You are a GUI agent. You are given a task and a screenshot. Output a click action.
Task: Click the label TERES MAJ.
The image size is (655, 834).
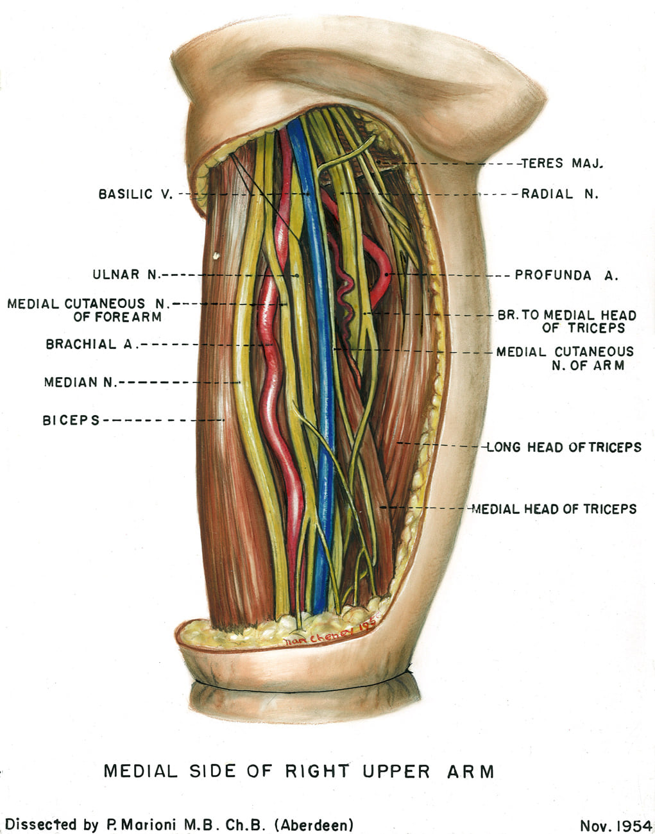[562, 164]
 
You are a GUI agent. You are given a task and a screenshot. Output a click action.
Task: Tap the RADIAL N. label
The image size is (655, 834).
[560, 194]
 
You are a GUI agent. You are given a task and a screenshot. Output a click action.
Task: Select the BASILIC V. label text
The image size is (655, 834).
[136, 194]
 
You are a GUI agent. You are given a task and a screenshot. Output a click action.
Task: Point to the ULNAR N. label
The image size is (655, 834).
[126, 275]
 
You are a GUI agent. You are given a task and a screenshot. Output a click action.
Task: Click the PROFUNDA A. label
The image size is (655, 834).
[566, 275]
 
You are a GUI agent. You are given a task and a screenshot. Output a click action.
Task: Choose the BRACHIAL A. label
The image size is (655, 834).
[89, 345]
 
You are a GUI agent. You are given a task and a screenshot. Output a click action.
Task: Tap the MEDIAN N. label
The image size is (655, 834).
[81, 382]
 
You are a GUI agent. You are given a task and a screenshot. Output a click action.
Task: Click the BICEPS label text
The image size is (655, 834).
[71, 421]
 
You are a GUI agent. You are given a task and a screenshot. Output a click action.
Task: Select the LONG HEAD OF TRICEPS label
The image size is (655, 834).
[564, 448]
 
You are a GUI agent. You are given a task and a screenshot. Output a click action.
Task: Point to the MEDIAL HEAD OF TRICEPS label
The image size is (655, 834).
[554, 509]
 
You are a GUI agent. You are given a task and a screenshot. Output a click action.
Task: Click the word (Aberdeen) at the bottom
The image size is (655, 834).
[314, 824]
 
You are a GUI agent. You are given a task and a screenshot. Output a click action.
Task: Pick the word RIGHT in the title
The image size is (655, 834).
[318, 771]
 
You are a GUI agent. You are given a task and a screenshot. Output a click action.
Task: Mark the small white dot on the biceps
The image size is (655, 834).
[216, 255]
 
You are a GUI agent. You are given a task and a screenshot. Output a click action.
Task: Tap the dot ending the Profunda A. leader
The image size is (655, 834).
[387, 275]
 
